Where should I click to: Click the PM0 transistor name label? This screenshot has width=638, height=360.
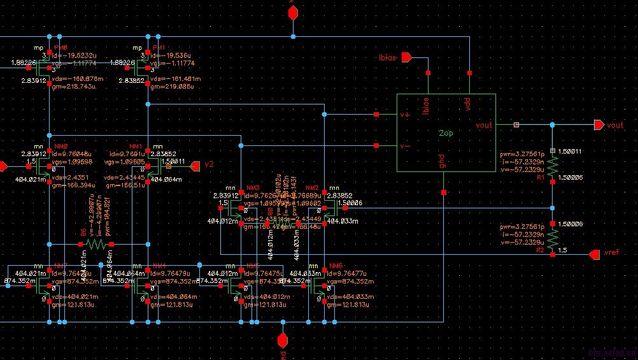(x=61, y=48)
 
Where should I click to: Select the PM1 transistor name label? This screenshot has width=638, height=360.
(x=159, y=48)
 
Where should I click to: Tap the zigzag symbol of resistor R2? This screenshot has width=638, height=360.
(x=552, y=238)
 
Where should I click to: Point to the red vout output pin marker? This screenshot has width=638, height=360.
(x=599, y=126)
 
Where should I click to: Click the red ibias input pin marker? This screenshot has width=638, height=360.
(x=406, y=58)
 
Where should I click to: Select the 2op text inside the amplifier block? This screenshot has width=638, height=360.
(x=446, y=133)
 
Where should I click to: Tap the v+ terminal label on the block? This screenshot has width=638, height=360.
(x=404, y=115)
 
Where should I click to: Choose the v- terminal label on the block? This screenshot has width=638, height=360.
(x=404, y=146)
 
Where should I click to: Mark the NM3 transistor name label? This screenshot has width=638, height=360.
(x=253, y=188)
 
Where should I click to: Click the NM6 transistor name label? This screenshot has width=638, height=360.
(x=336, y=265)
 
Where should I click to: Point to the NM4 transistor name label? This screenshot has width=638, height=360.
(x=159, y=265)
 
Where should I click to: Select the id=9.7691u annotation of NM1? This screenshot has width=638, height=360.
(x=130, y=154)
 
